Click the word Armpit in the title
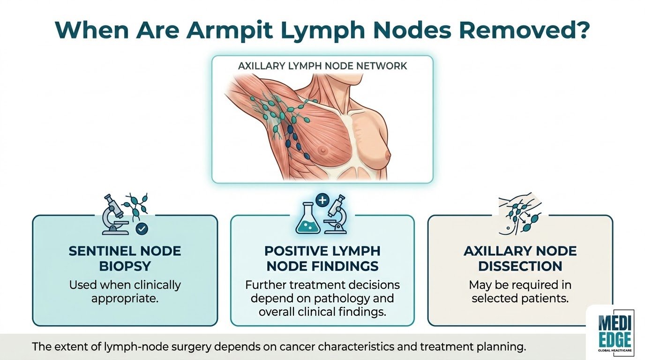click(229, 31)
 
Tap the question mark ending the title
click(579, 30)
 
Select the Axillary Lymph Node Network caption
click(322, 66)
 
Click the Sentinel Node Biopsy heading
click(125, 259)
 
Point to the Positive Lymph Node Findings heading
click(322, 259)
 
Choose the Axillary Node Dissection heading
click(520, 259)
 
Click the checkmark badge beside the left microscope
click(142, 229)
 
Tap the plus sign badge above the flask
click(322, 200)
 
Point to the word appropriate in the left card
click(125, 299)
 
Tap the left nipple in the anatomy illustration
click(323, 150)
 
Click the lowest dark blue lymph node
click(307, 157)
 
